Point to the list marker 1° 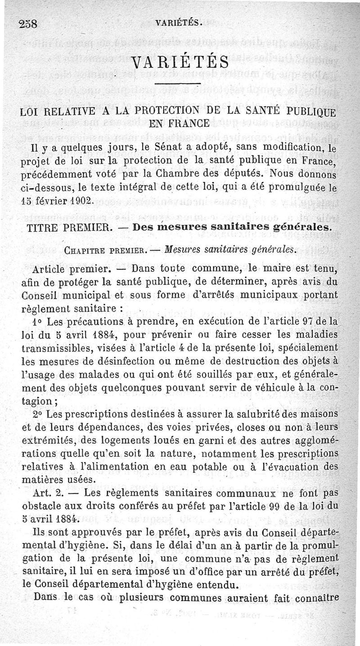[x=38, y=323]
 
